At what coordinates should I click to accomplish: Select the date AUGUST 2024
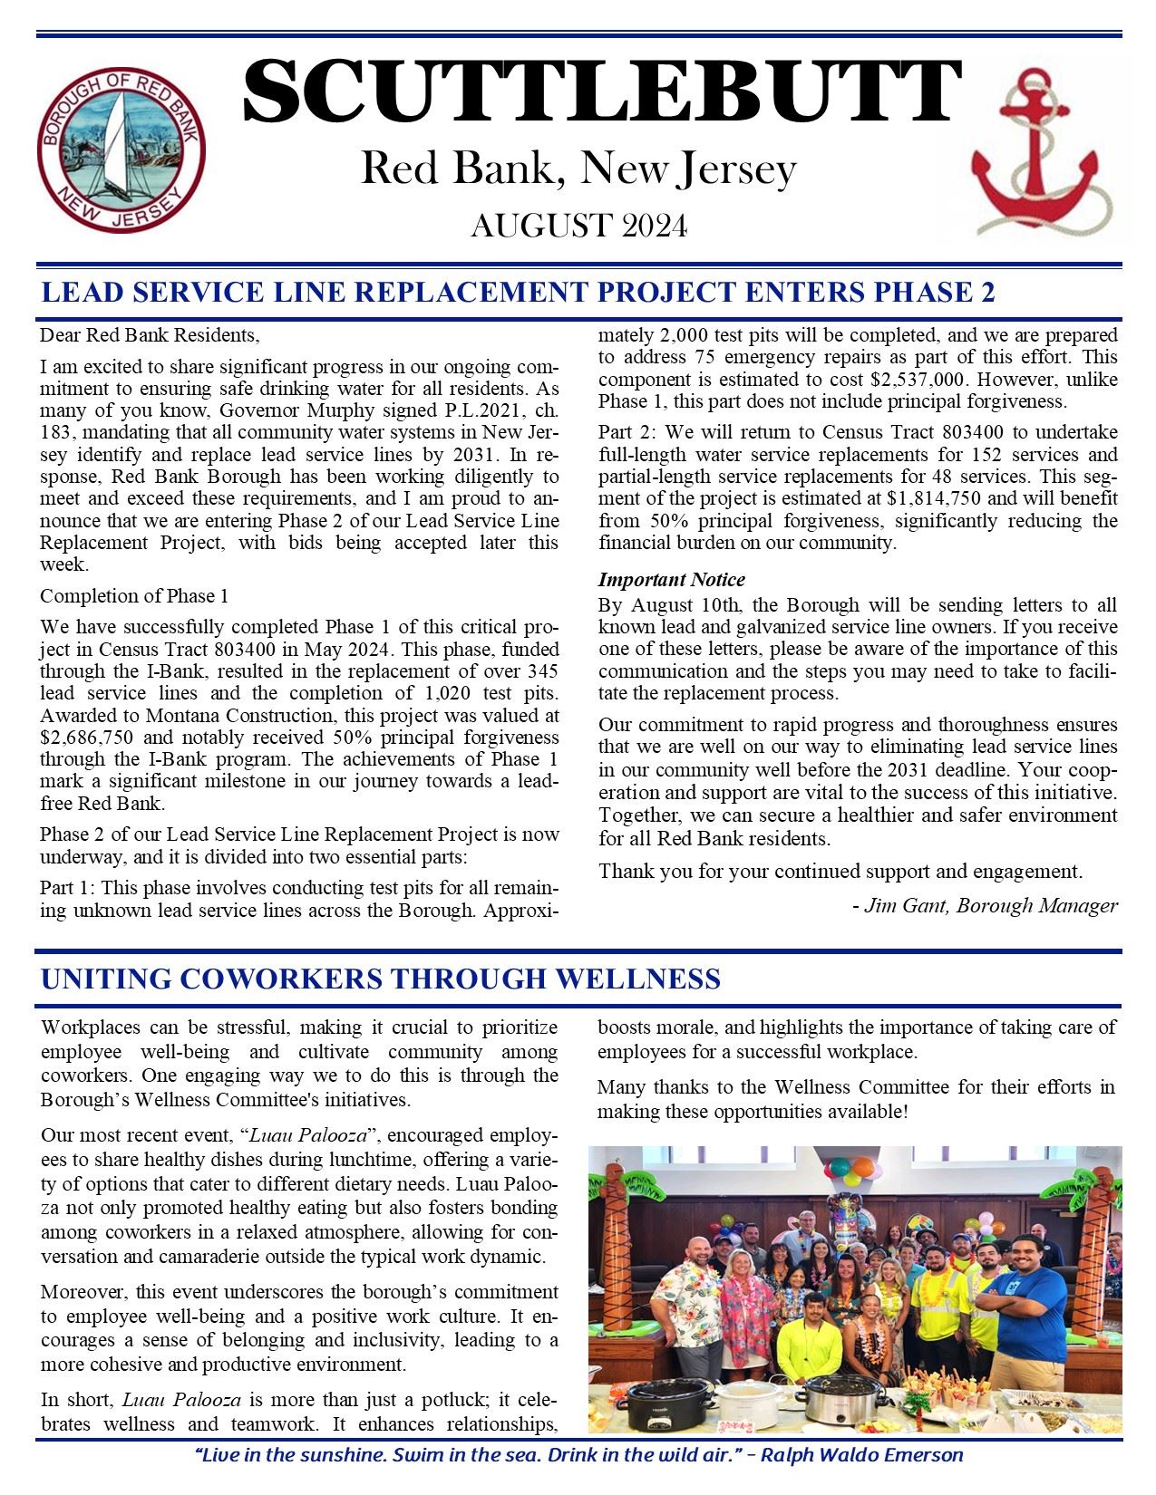[578, 226]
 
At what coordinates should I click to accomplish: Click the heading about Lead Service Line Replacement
[518, 293]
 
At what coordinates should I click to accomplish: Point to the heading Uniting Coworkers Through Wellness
[381, 979]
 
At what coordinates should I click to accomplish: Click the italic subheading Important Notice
[671, 580]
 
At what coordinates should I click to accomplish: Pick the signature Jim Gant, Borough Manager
[985, 905]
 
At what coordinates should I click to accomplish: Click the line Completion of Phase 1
[134, 595]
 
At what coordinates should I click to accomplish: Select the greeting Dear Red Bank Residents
[150, 335]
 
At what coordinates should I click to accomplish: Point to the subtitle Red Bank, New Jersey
[578, 169]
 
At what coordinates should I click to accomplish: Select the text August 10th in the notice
[672, 604]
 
